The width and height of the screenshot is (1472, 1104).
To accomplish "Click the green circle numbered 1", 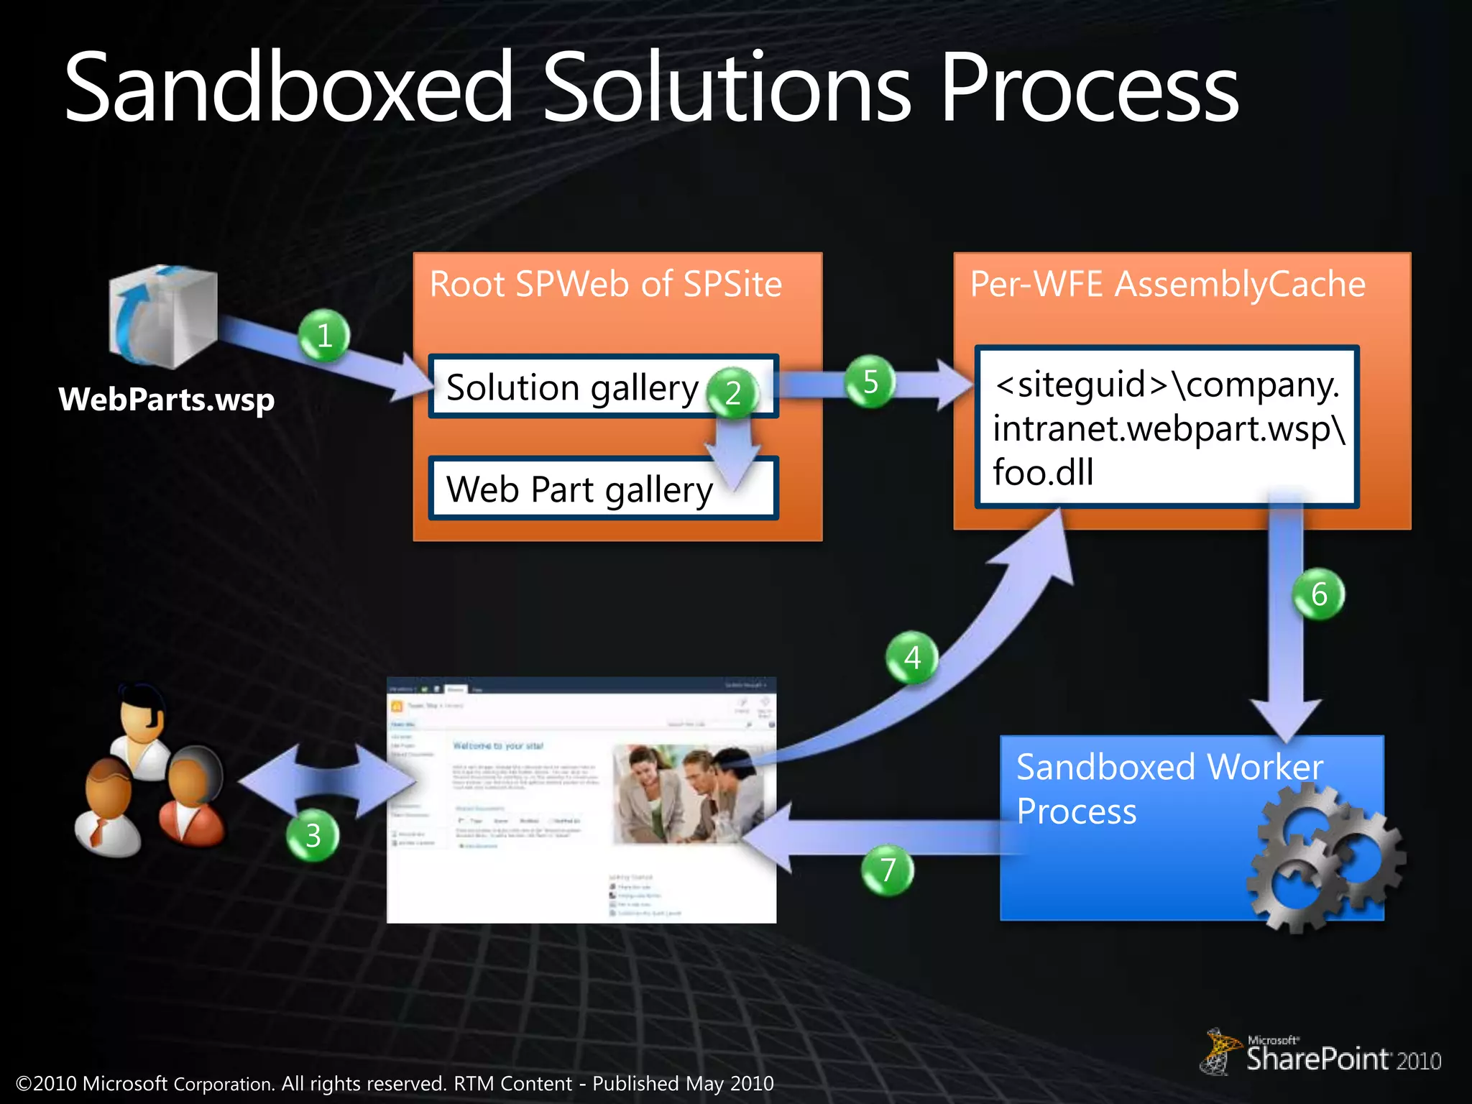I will (324, 336).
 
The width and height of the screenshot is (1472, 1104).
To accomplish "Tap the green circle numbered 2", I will (732, 392).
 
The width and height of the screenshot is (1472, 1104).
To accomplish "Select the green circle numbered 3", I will (313, 835).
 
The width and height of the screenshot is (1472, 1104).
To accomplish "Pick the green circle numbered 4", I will (912, 657).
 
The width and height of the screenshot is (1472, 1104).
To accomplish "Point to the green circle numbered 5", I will (870, 382).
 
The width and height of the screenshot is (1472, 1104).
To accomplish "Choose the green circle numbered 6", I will (1319, 594).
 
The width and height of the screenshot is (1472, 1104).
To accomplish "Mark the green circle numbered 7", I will (888, 870).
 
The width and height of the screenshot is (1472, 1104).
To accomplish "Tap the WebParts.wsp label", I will (167, 400).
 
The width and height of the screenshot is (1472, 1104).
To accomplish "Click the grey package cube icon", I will (163, 316).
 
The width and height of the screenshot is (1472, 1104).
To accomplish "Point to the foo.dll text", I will (1043, 472).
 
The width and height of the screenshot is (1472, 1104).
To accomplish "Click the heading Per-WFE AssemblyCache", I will (1167, 284).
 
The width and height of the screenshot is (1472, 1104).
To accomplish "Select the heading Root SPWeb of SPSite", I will (605, 284).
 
